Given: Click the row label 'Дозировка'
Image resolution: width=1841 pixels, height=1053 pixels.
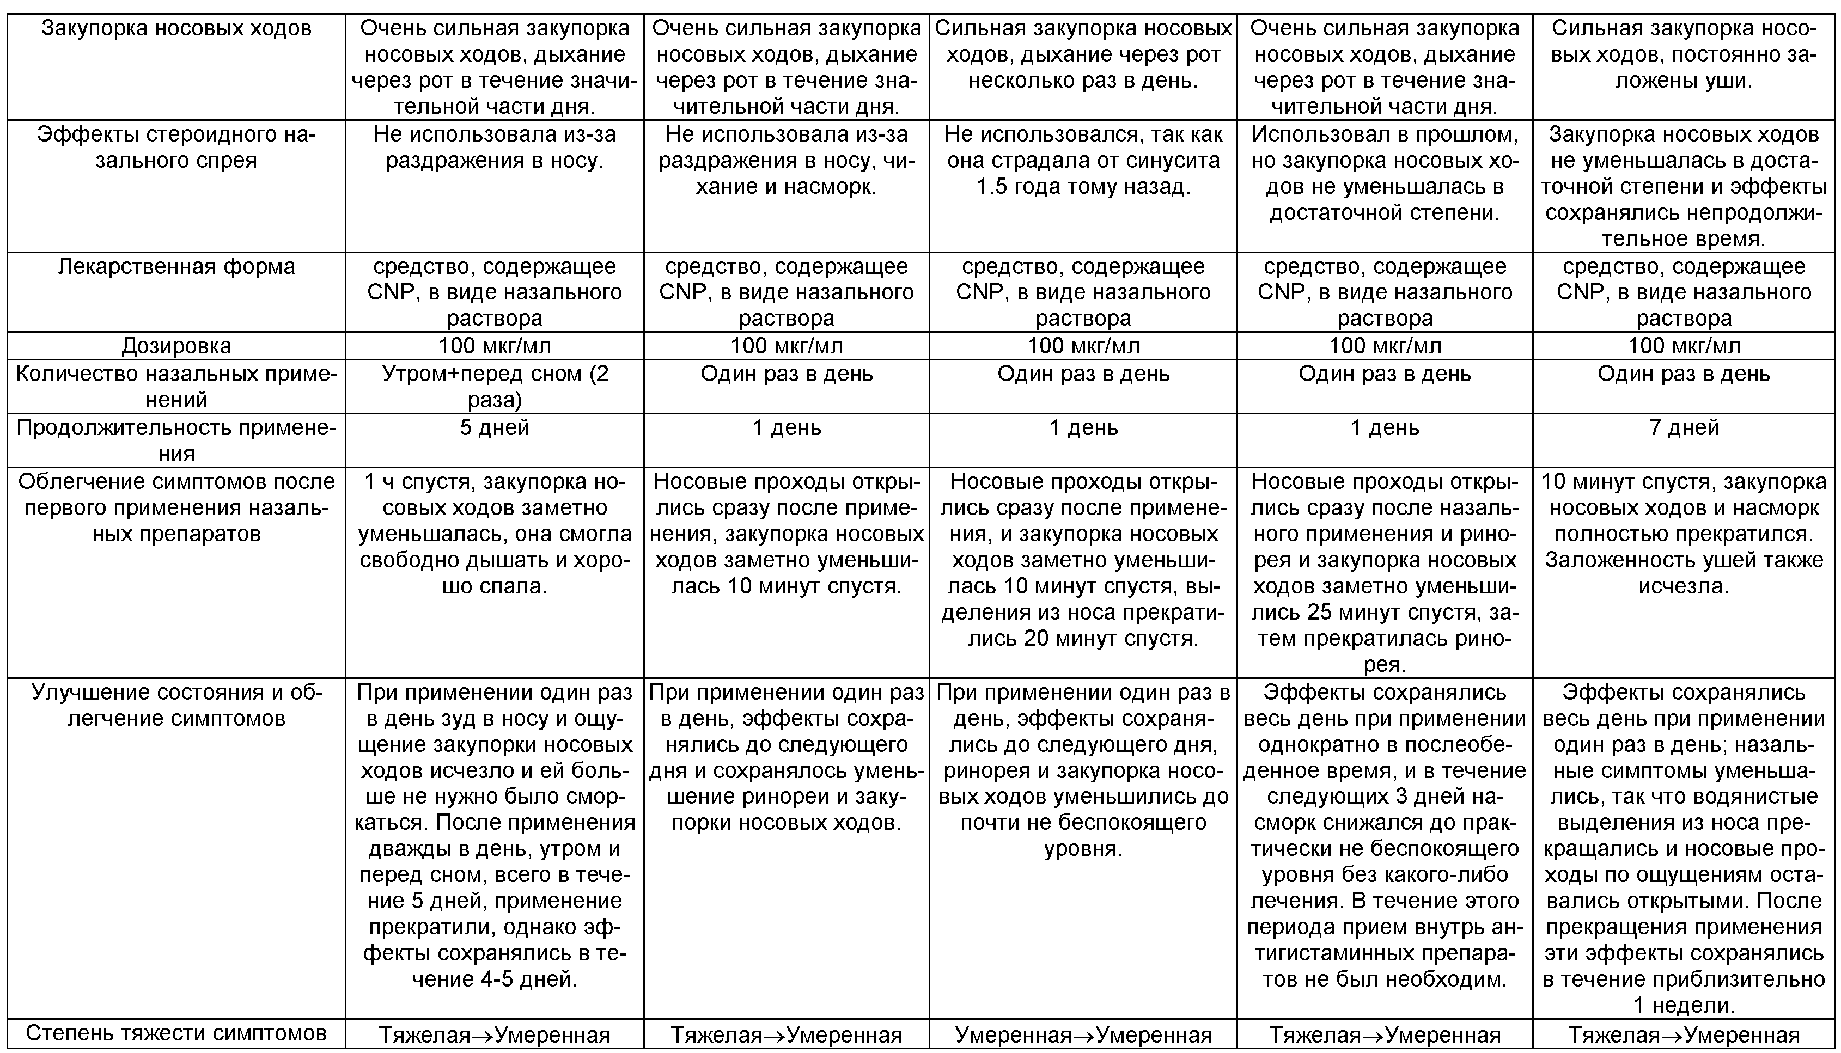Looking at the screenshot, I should coord(176,346).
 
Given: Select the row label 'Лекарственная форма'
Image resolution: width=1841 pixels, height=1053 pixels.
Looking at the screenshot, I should coord(176,267).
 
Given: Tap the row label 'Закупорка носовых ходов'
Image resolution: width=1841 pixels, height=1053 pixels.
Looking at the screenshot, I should coord(176,29).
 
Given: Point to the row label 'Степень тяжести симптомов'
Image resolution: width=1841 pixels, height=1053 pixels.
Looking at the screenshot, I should coord(176,1033).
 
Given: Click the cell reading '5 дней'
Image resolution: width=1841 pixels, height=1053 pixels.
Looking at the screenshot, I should coord(494,427).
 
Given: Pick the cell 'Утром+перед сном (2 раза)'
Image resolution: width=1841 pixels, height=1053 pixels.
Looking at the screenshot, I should coord(494,386).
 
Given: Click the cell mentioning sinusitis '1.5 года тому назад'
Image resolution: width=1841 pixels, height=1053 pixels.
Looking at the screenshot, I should coord(1083,161).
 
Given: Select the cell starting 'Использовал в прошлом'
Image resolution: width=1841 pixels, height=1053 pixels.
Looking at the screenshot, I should coord(1385,174).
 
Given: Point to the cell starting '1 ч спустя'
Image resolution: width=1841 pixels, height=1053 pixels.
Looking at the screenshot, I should coord(494,534).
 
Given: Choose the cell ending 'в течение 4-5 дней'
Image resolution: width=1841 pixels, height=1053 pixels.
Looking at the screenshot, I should coord(494,835).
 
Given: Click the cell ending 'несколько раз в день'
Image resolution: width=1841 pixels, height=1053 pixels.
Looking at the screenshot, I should coord(1083,55).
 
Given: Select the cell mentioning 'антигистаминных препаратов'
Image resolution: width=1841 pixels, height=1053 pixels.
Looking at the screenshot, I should coord(1385,835).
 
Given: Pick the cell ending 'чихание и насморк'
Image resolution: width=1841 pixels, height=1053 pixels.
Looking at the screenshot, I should coord(787,161).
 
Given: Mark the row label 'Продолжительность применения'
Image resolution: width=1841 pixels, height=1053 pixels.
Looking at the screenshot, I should coord(176,440).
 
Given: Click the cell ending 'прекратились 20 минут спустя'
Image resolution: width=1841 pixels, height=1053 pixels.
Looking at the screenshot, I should coord(1083,560).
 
